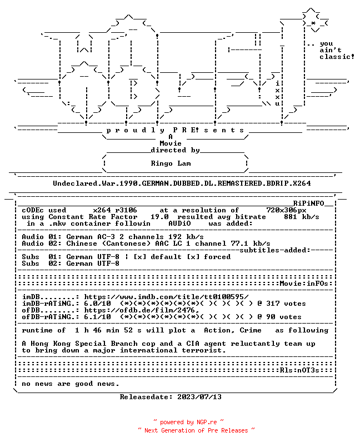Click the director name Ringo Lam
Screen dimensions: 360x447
tap(171, 163)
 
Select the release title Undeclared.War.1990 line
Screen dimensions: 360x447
tap(182, 183)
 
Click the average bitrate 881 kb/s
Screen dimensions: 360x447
tap(301, 217)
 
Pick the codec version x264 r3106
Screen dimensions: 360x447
tap(115, 210)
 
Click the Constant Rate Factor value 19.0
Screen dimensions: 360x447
tap(159, 217)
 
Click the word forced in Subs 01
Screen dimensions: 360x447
tap(217, 257)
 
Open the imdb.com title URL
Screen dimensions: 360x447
tap(166, 297)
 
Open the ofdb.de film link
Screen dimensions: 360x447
tap(141, 310)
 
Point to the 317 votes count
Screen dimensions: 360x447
tap(286, 304)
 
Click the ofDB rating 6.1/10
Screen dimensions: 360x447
tap(97, 317)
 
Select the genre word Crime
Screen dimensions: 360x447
tap(251, 330)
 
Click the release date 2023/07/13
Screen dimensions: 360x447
tap(199, 397)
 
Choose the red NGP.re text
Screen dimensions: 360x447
tap(206, 422)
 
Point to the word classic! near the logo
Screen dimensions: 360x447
tap(337, 57)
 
